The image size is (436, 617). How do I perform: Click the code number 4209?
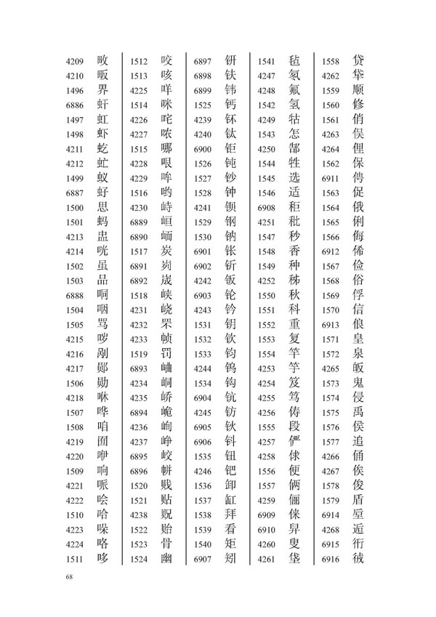coord(75,60)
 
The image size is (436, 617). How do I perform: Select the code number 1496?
coord(75,91)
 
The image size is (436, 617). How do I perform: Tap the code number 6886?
coord(75,106)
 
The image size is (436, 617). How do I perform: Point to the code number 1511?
coord(75,558)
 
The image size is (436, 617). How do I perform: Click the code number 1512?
coord(139,60)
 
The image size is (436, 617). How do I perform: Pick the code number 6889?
coord(139,222)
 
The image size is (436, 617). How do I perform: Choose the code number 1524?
coord(139,558)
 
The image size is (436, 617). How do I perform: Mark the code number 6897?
coord(202,60)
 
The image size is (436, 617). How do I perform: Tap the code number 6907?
coord(202,558)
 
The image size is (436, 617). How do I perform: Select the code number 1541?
coord(266,60)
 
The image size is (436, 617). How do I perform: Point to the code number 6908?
coord(266,208)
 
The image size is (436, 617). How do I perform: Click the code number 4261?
coord(266,558)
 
